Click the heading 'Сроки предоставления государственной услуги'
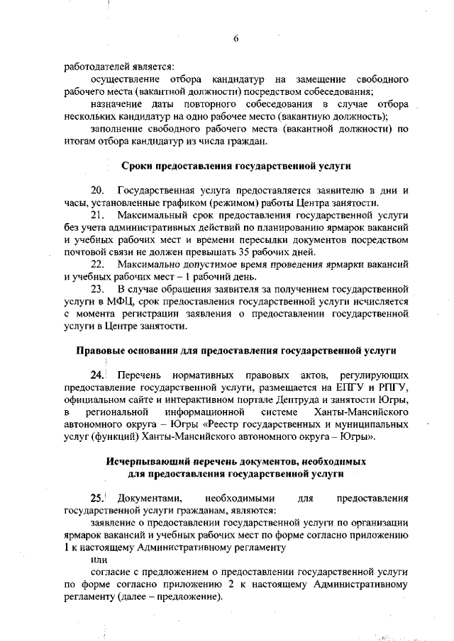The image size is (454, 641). (x=236, y=165)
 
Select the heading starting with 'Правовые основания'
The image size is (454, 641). (x=236, y=350)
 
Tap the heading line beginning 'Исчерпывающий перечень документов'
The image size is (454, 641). (x=236, y=461)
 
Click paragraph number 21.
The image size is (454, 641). (x=97, y=214)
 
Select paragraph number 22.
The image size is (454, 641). (x=97, y=263)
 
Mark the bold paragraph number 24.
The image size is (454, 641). (x=96, y=375)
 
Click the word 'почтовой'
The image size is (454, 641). (x=85, y=251)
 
